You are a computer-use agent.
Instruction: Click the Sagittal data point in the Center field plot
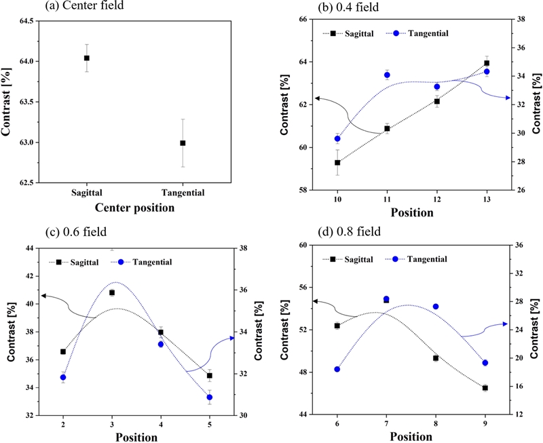[87, 58]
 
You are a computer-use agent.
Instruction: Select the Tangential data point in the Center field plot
[183, 143]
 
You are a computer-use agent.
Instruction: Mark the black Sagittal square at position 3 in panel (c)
[112, 292]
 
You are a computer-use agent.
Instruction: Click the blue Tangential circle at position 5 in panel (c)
[210, 398]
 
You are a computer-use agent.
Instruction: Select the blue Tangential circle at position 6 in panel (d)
[337, 369]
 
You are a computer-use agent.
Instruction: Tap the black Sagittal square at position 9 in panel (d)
[485, 388]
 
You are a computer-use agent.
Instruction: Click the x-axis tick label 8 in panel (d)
[436, 423]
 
